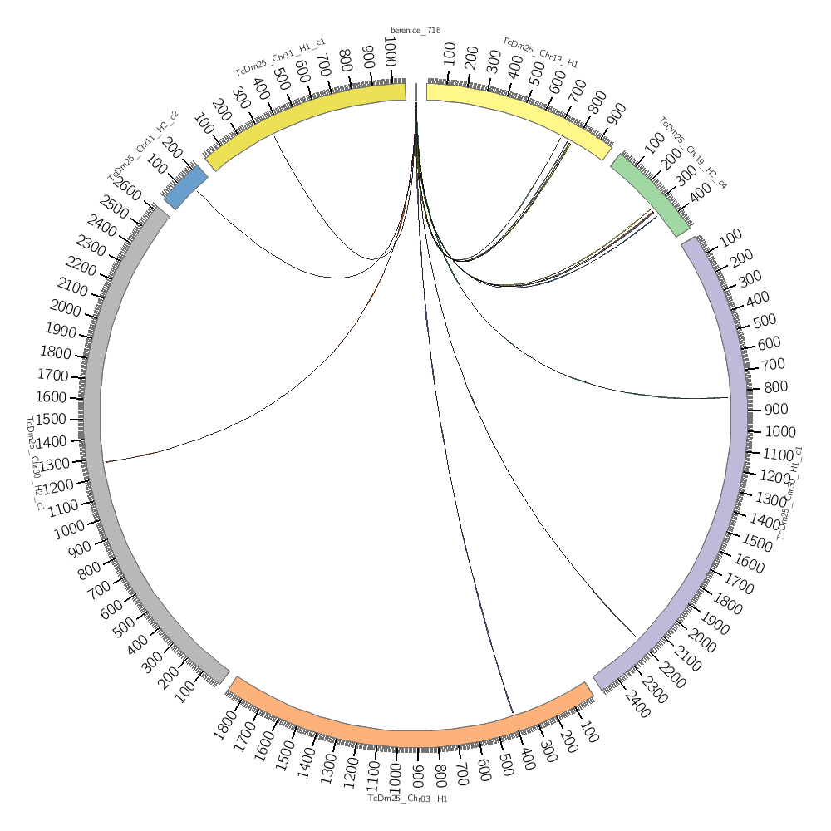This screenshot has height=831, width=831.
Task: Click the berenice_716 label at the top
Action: pos(415,31)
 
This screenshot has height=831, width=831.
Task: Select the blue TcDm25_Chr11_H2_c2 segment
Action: pos(185,187)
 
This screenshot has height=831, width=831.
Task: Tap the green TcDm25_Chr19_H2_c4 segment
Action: pos(650,195)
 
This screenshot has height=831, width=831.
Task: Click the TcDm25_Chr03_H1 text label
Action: pos(408,799)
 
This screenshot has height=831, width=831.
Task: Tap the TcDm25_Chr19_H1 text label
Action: pos(540,52)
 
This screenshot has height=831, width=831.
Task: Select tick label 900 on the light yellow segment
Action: pos(617,117)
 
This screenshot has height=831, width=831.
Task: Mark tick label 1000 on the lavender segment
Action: pos(780,431)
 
